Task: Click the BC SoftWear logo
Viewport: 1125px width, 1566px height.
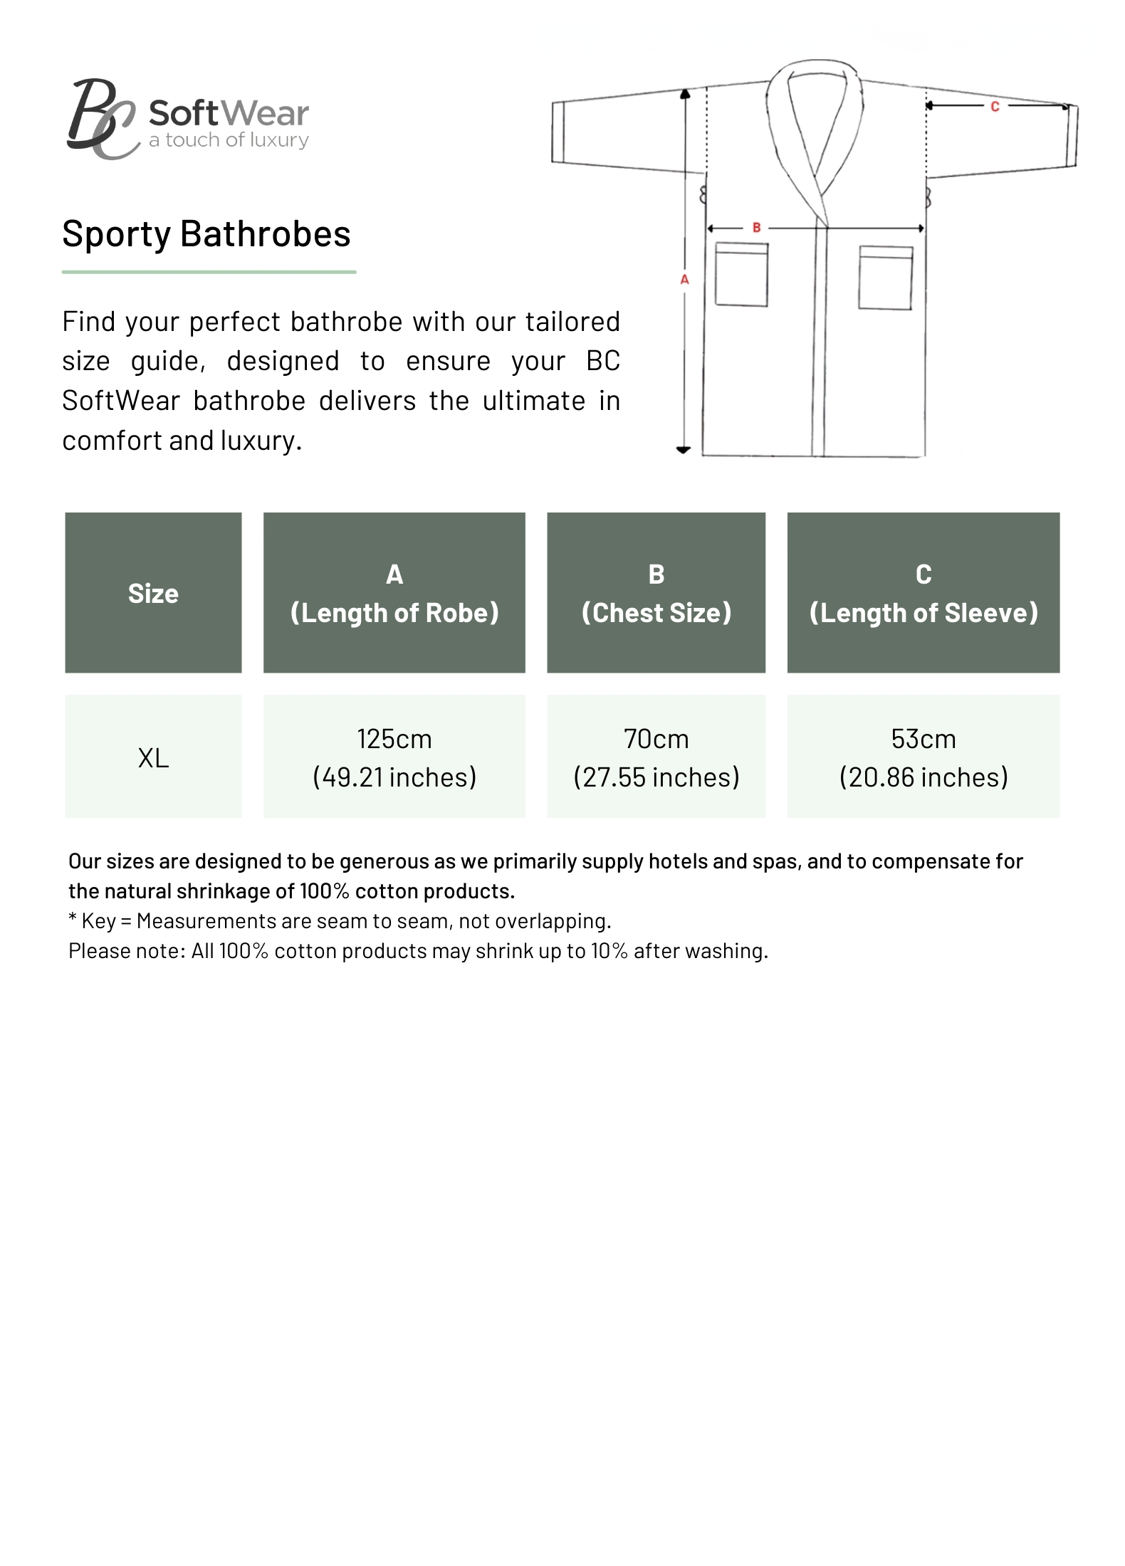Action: (188, 119)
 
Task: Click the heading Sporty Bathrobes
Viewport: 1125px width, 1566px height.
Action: (206, 233)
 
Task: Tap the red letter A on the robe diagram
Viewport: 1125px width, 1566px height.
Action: (684, 280)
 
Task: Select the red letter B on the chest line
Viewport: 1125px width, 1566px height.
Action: (756, 228)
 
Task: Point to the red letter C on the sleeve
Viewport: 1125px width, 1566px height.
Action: (995, 107)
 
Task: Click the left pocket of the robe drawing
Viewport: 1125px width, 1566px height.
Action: (741, 275)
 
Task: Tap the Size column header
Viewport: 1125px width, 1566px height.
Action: (153, 593)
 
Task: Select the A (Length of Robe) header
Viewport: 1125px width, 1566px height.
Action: (394, 593)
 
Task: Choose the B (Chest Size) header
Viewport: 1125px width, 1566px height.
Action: (656, 593)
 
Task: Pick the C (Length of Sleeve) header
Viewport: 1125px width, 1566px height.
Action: (923, 593)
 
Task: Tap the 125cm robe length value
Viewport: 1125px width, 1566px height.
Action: (394, 740)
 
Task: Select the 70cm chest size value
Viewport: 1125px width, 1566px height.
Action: (656, 740)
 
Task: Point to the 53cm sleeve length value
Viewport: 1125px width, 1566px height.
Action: (923, 740)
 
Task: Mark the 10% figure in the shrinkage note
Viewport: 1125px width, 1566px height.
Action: (609, 951)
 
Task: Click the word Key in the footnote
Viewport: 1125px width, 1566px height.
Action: (98, 921)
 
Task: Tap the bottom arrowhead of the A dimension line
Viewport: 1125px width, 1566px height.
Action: (684, 450)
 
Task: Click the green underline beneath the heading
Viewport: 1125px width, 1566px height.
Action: (209, 272)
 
